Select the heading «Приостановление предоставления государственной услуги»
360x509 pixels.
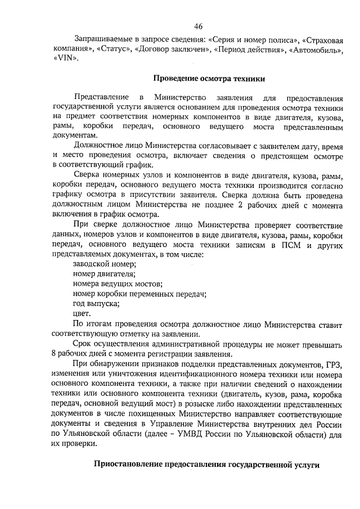[x=206, y=465]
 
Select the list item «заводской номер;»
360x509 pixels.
[x=105, y=263]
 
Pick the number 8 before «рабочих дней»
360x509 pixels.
[x=53, y=354]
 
